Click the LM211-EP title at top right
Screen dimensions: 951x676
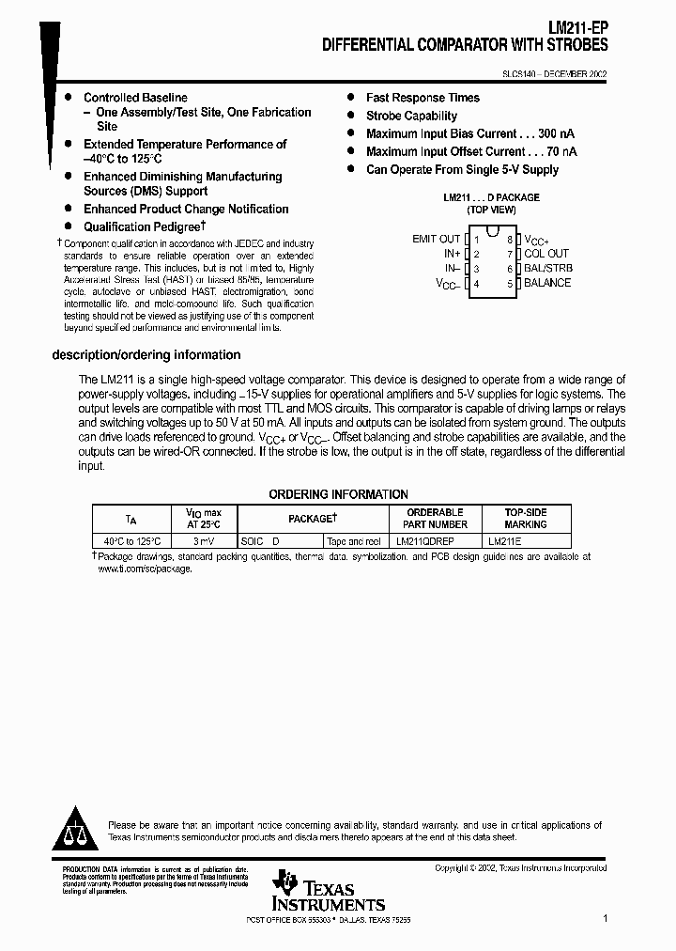(577, 28)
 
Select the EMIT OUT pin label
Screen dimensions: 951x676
(436, 239)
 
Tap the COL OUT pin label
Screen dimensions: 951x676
(546, 254)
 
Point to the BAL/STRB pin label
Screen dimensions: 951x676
(547, 268)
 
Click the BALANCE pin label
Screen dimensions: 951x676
(547, 283)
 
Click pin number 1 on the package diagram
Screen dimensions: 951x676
(476, 240)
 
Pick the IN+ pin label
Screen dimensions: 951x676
(452, 254)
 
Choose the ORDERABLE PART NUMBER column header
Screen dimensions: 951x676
(435, 519)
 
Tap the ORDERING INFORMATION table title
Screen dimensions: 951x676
(338, 494)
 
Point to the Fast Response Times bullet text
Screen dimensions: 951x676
(422, 98)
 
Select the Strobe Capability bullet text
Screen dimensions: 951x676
(411, 116)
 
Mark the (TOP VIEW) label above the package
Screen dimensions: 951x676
(491, 211)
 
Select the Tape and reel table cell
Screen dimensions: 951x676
(353, 541)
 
